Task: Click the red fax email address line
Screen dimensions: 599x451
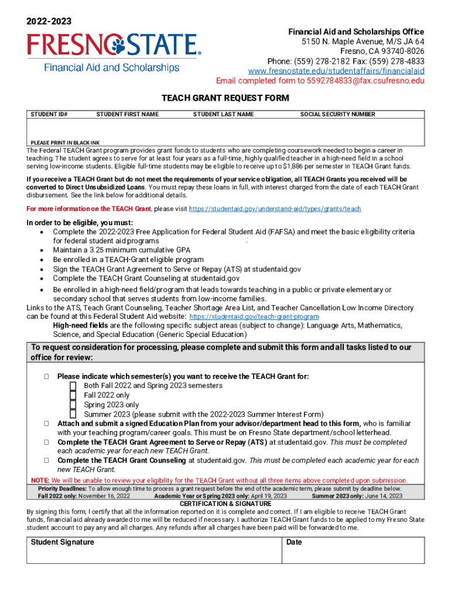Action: (x=320, y=81)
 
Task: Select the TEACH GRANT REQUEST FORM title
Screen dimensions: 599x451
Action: (x=225, y=98)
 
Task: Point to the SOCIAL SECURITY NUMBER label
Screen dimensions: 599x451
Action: (x=337, y=115)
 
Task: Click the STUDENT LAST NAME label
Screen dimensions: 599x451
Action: (x=223, y=115)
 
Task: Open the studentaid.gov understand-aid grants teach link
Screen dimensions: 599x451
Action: (x=274, y=209)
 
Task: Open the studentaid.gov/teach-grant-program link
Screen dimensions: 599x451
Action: (x=255, y=316)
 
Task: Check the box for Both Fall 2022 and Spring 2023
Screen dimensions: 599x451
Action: (x=73, y=386)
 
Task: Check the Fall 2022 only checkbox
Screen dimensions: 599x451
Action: (x=73, y=395)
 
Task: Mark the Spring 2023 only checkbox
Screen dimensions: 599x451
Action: (x=73, y=405)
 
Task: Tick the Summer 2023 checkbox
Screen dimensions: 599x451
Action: (x=73, y=414)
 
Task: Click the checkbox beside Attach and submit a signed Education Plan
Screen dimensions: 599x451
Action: (x=46, y=423)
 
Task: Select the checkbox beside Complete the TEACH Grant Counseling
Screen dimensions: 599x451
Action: (x=46, y=460)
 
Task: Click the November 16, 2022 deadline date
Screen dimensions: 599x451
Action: (x=104, y=496)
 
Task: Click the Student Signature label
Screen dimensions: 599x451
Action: (x=62, y=542)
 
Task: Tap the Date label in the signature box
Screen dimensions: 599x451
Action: (x=294, y=542)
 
